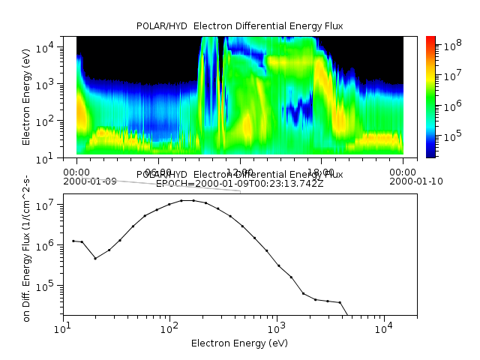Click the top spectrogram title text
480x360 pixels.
coord(240,26)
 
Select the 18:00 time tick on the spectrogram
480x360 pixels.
coord(321,171)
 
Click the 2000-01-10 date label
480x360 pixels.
coord(403,181)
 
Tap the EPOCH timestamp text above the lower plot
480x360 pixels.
coord(240,184)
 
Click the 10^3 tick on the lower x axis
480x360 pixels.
coord(277,328)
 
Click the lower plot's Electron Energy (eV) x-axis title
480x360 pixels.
coord(240,343)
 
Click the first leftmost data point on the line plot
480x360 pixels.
coord(73,241)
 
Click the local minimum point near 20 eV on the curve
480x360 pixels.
coord(95,259)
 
